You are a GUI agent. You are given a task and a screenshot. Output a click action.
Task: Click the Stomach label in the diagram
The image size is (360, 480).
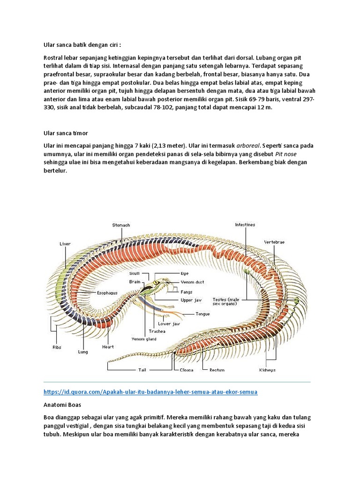tap(121, 225)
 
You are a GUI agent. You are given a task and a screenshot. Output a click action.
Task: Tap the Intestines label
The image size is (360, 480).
tap(245, 225)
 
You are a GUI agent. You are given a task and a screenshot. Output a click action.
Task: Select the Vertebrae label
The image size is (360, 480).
tap(274, 242)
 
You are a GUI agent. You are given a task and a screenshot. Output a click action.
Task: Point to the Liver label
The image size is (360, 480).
tap(65, 244)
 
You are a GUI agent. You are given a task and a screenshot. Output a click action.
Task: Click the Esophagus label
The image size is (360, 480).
tap(107, 293)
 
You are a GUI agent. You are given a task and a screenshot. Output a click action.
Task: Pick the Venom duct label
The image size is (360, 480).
tap(192, 282)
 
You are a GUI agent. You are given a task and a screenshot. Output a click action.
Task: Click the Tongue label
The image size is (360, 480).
tap(202, 314)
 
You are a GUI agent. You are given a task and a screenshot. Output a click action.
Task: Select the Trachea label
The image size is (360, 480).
tap(157, 331)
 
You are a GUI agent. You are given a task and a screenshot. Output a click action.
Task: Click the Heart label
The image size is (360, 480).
tap(108, 347)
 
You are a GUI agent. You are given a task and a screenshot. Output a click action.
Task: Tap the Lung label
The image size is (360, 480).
tap(82, 351)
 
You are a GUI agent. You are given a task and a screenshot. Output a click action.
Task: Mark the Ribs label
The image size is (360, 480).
tap(57, 347)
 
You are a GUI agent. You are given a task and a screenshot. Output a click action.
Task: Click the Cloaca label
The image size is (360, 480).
tap(187, 370)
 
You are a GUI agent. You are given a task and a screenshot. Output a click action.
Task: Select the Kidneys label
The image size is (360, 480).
tap(268, 370)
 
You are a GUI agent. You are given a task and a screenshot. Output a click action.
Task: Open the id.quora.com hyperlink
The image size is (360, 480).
tap(150, 391)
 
